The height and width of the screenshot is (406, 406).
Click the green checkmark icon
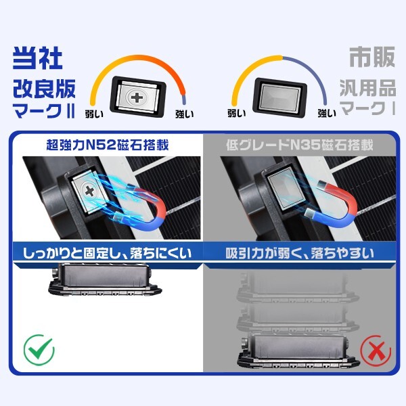[38, 350]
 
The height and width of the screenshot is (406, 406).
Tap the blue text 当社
[38, 58]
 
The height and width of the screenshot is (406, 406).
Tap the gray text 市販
[371, 58]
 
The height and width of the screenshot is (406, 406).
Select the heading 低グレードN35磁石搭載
[302, 145]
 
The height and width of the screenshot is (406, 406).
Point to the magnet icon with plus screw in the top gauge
[139, 97]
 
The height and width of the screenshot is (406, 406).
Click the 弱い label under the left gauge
[95, 114]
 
